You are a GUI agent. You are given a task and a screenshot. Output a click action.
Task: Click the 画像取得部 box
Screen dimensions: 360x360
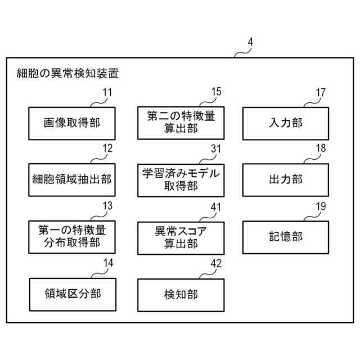72,123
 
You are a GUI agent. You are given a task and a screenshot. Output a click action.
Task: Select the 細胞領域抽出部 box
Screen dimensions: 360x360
72,180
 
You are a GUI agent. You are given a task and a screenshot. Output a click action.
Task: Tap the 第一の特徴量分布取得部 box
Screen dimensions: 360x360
72,237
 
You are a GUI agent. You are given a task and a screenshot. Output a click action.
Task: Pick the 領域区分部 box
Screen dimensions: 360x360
72,294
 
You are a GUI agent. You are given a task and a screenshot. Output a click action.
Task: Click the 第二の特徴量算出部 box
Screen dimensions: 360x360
181,123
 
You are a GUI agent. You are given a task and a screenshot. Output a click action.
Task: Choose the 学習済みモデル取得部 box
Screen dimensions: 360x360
181,180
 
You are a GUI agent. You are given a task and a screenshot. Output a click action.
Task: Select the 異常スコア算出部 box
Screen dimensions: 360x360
181,237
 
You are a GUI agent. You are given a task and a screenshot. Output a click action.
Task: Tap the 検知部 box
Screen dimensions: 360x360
181,294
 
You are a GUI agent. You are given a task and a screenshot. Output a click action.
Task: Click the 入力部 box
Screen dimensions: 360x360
285,123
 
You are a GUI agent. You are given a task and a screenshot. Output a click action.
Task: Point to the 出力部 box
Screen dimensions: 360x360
285,180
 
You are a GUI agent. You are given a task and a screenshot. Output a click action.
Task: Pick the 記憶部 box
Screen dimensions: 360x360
285,237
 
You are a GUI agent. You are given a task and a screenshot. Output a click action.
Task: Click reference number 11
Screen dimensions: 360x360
107,92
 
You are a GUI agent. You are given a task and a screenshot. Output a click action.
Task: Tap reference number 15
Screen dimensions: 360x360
216,92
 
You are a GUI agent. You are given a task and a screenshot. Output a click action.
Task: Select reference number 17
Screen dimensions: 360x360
321,92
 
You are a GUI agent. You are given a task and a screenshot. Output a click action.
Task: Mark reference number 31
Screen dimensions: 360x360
216,149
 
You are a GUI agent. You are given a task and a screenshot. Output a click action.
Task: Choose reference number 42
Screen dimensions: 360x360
216,263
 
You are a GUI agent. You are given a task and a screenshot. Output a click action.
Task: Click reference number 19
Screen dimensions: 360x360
321,206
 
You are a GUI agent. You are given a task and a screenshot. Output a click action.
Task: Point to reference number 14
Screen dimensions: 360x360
107,263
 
